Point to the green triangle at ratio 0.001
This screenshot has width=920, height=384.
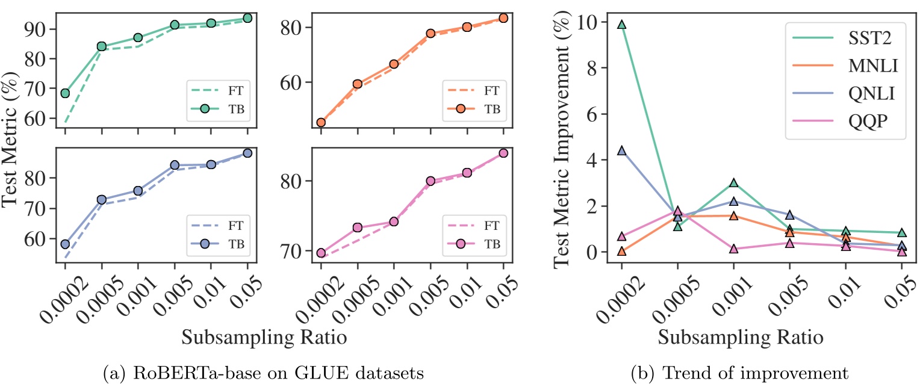[733, 183]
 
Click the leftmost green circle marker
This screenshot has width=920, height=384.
[65, 93]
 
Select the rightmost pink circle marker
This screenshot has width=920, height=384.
[503, 153]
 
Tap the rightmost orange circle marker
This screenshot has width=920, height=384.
[503, 18]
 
